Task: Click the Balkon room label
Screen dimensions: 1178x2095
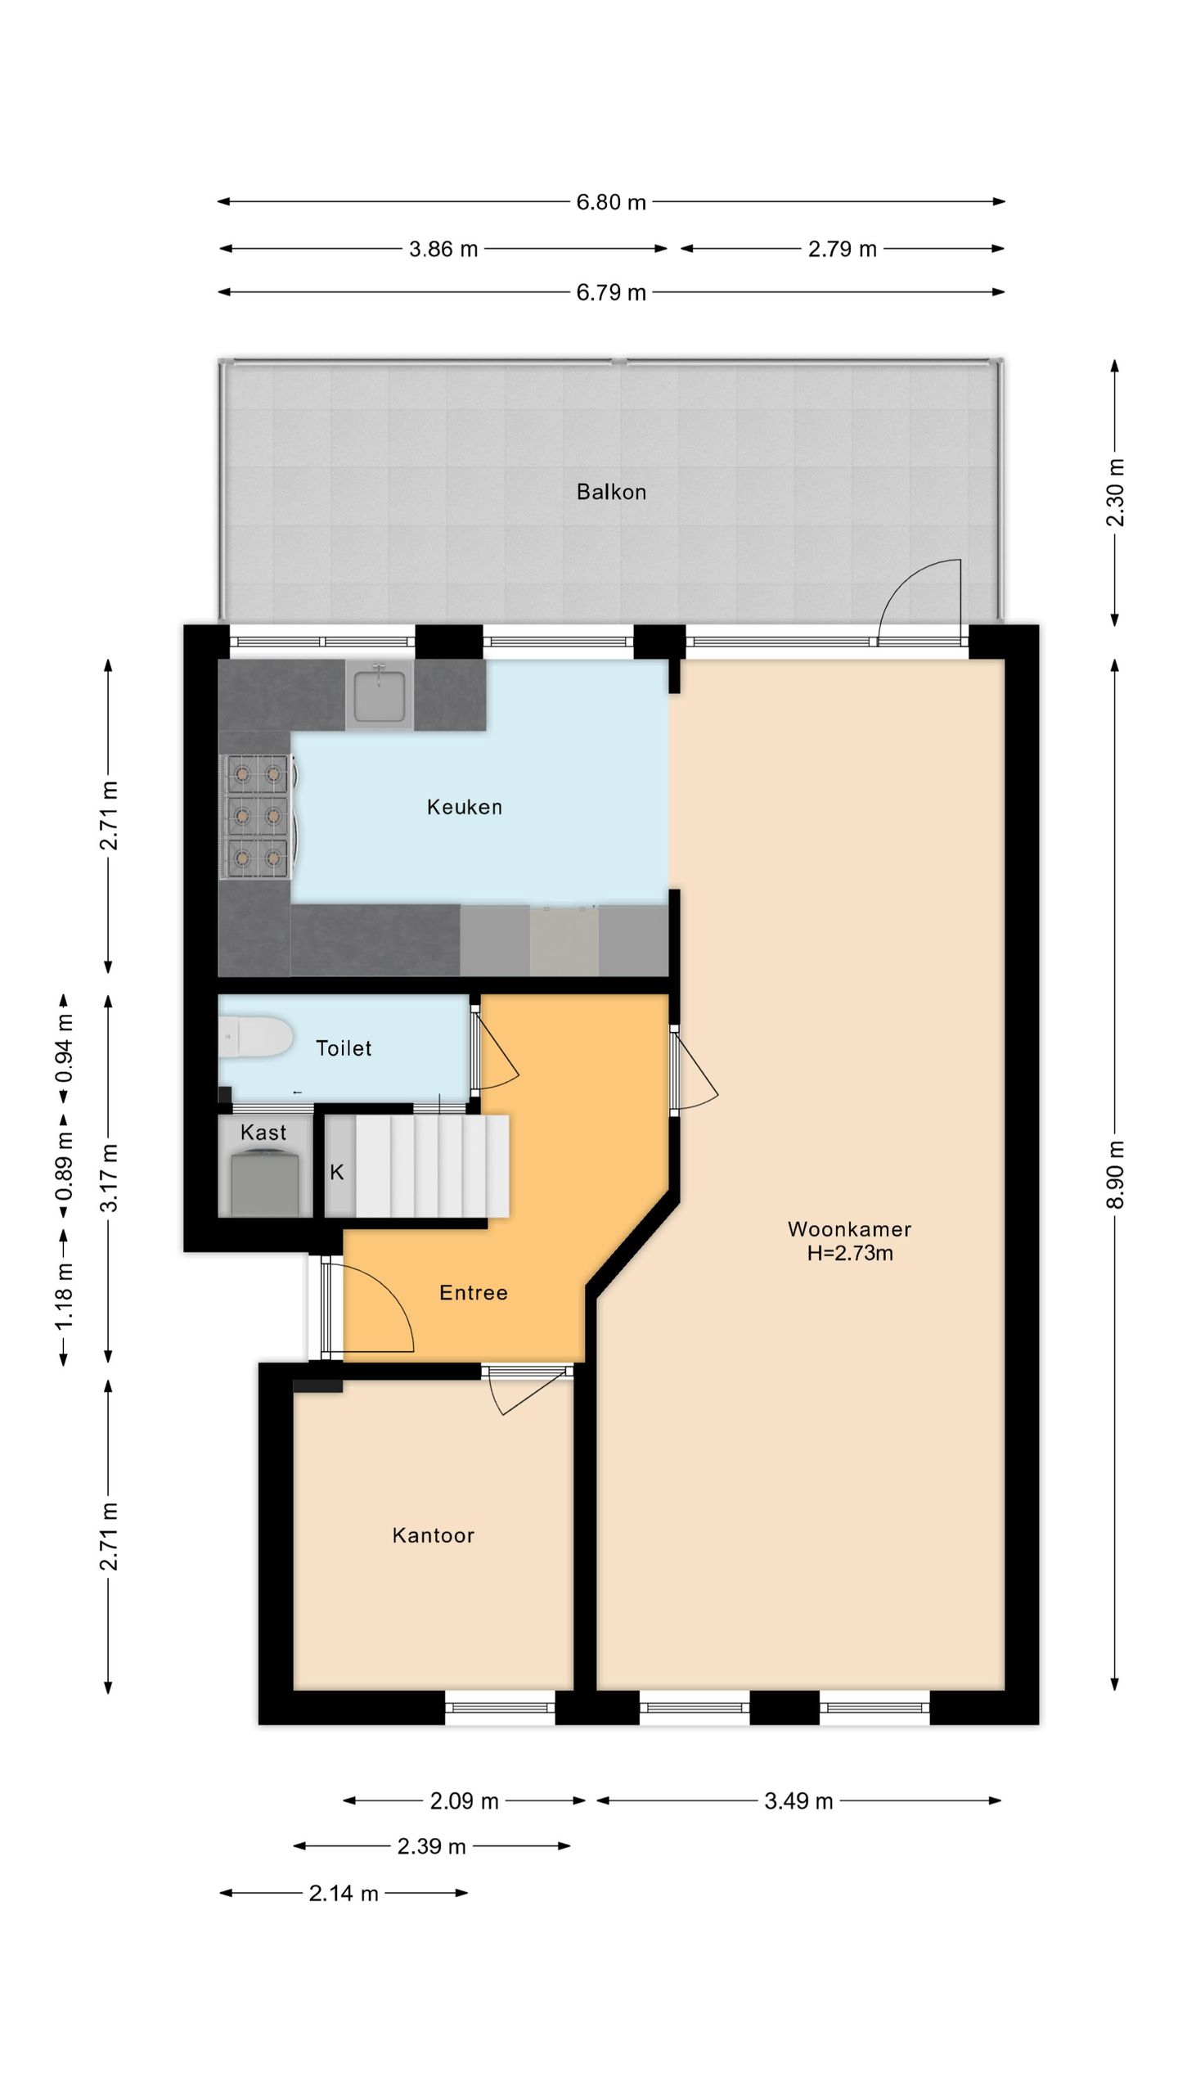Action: tap(611, 492)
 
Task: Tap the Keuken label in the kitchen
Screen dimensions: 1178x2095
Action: tap(465, 807)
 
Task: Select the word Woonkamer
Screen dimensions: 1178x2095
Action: tap(849, 1228)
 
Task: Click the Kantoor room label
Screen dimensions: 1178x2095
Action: tap(434, 1535)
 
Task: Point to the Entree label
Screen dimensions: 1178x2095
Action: tap(474, 1292)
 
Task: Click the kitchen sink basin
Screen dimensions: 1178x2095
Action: tap(380, 695)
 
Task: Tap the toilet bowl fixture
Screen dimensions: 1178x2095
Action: tap(255, 1038)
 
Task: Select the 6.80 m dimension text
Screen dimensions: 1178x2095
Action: tap(611, 202)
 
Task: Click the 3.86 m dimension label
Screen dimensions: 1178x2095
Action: tap(443, 249)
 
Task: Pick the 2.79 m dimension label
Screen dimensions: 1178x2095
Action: tap(843, 249)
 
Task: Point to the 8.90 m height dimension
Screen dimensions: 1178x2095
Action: tap(1116, 1174)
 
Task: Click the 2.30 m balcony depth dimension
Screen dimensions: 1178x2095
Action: tap(1116, 493)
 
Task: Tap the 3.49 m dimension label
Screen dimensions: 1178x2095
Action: tap(798, 1800)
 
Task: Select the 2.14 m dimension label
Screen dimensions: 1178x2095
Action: tap(344, 1893)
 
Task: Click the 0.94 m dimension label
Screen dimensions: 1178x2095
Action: tap(65, 1047)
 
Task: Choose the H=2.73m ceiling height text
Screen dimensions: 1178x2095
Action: tap(850, 1253)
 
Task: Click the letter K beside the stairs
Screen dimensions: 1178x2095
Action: tap(336, 1172)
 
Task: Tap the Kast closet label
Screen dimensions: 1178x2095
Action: tap(263, 1133)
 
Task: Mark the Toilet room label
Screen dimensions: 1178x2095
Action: tap(344, 1048)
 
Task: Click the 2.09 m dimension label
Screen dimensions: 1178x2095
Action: tap(464, 1800)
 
